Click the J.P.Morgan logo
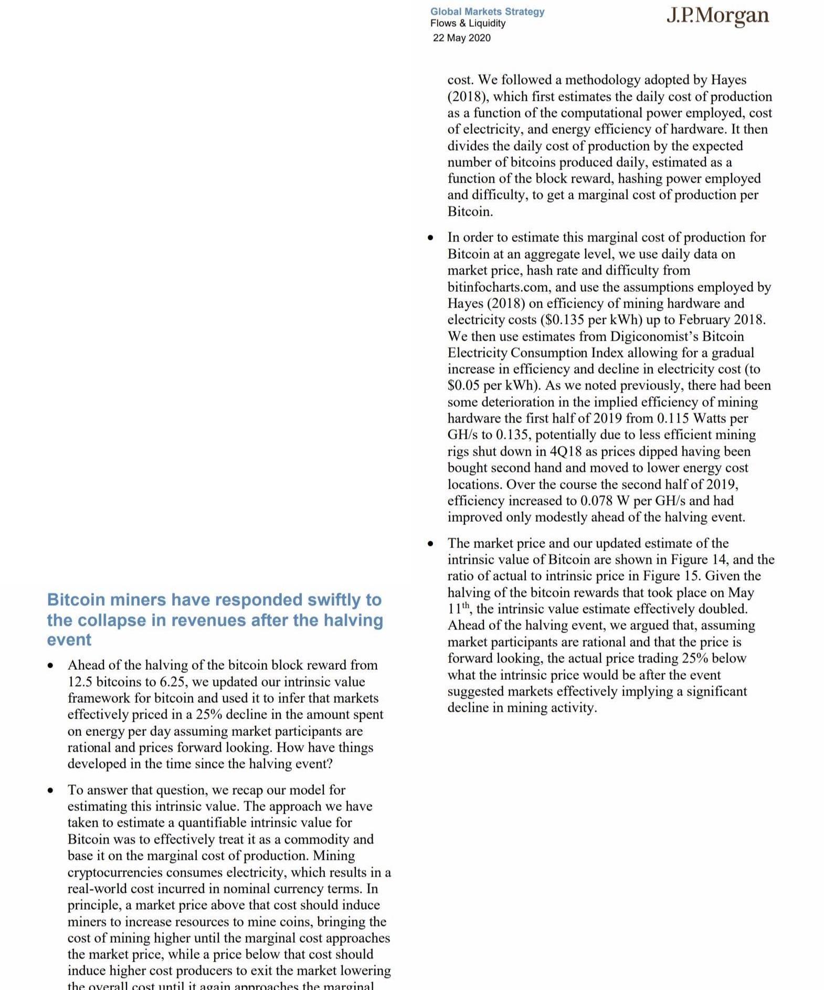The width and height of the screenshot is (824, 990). (717, 16)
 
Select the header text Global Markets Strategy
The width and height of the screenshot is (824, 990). (487, 12)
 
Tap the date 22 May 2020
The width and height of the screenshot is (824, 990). (461, 38)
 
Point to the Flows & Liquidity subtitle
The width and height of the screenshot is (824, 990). (468, 23)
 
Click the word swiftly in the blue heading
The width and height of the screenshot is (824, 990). (308, 599)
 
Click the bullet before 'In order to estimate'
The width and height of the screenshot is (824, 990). (430, 238)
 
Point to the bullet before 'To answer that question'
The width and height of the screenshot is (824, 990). (50, 791)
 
